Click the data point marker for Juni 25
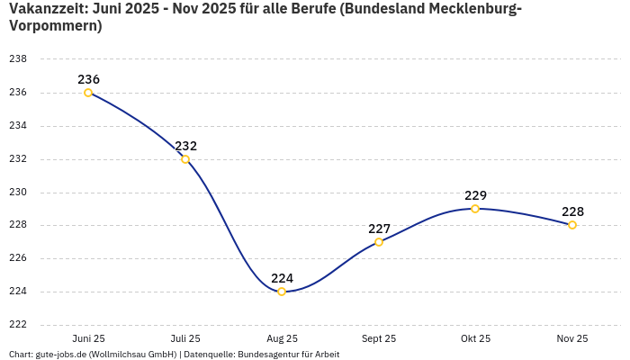[88, 93]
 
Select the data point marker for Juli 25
[185, 159]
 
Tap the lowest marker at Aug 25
[282, 292]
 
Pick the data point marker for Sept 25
[379, 242]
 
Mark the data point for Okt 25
[475, 209]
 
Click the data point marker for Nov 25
[572, 225]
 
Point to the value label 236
[88, 79]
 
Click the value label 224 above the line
[282, 278]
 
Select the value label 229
[475, 195]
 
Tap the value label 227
[379, 229]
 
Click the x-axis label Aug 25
[282, 338]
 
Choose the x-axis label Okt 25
[475, 338]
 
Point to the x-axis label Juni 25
[88, 338]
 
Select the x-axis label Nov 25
[572, 338]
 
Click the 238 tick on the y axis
[18, 59]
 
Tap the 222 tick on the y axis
[18, 325]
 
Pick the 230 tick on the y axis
[18, 193]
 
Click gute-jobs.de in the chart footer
[60, 355]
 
